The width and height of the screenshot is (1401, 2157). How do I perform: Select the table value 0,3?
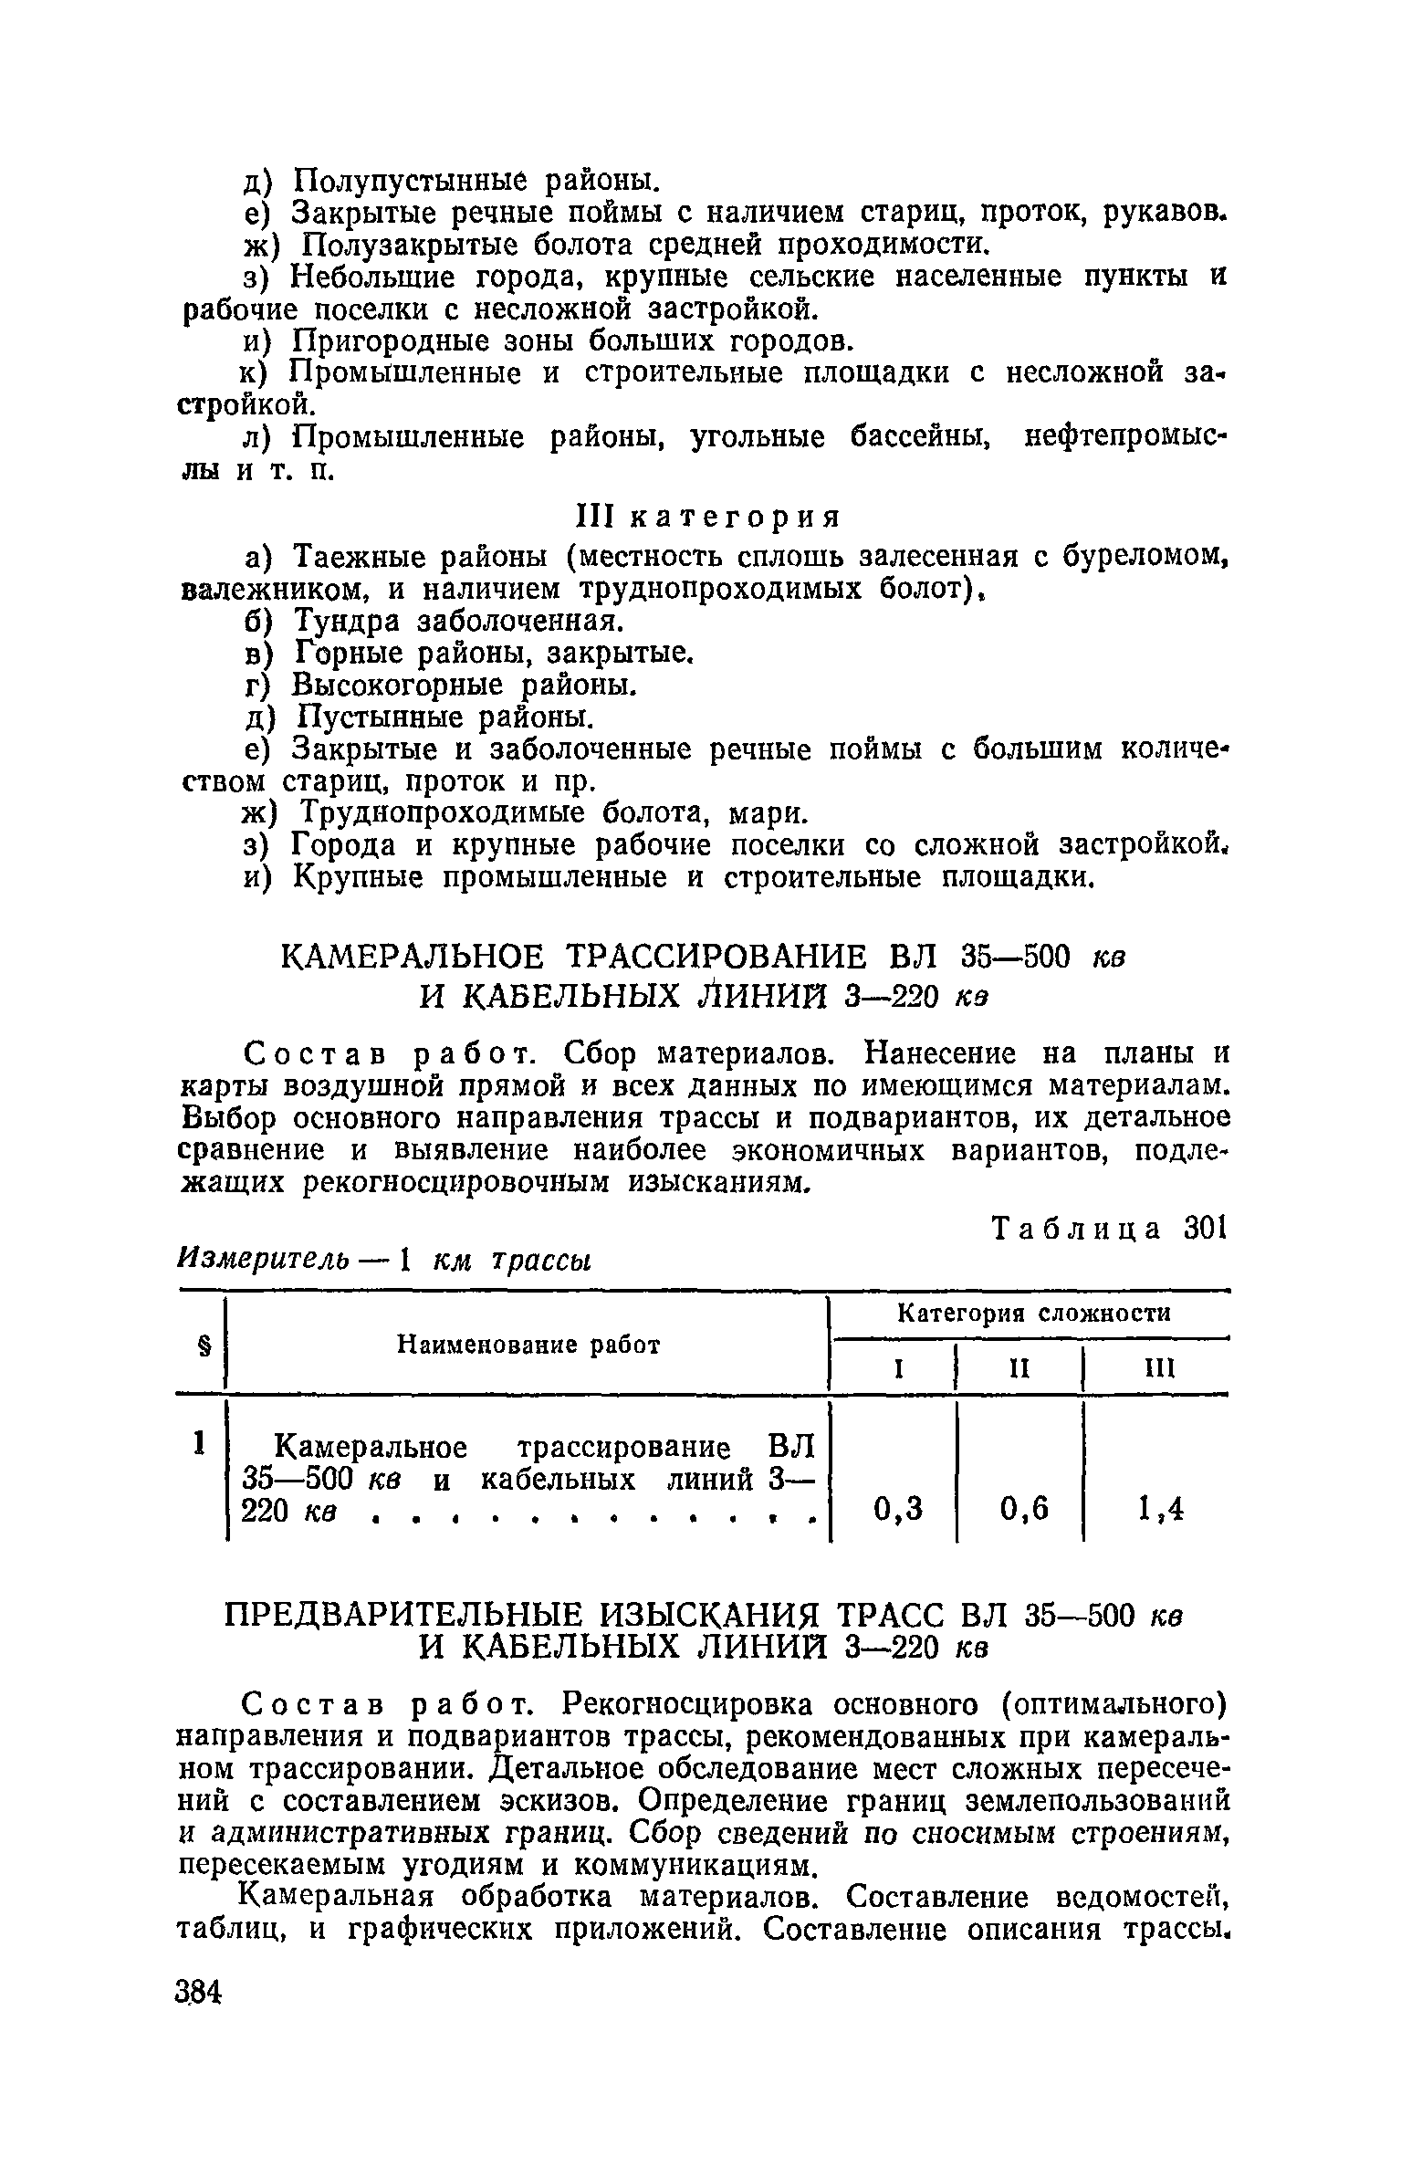point(898,1511)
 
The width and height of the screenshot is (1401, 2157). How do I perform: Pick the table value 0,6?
point(1024,1511)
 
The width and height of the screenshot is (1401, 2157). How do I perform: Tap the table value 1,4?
point(1161,1511)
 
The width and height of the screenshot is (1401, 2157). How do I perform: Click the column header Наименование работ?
point(528,1345)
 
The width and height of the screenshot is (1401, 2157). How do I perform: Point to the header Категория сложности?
point(1034,1314)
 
